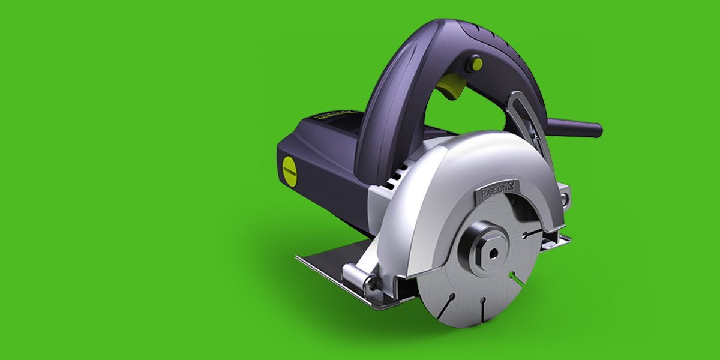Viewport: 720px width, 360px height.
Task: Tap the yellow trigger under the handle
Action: tap(449, 89)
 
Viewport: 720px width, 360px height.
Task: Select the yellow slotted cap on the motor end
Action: tap(289, 170)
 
